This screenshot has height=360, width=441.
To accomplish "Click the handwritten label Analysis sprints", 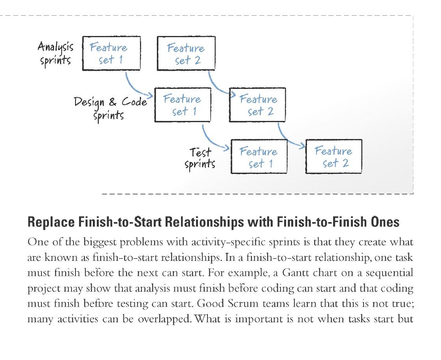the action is coord(55,53).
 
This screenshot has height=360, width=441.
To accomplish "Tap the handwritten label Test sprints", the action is coord(200,158).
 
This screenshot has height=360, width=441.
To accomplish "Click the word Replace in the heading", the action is coord(51,222).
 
